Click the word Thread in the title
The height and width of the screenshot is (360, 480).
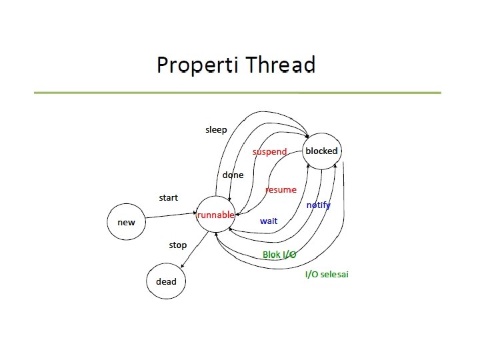(280, 65)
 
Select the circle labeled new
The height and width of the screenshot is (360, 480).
(126, 222)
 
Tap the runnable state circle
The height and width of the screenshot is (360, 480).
(215, 215)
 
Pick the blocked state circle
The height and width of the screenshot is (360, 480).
(321, 151)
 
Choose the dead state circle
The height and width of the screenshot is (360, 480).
(166, 281)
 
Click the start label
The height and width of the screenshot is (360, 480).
(168, 198)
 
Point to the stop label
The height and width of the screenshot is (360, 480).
(177, 245)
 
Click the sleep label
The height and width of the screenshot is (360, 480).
(216, 129)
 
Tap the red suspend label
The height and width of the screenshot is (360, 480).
(269, 152)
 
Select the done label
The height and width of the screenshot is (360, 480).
(233, 175)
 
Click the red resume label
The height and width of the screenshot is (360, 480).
(281, 190)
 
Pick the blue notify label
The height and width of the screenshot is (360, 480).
(318, 205)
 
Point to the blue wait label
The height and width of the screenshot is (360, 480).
(269, 221)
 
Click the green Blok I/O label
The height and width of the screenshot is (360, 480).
(279, 255)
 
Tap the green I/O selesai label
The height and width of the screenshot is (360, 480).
(327, 274)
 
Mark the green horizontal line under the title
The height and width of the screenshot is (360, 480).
(237, 93)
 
